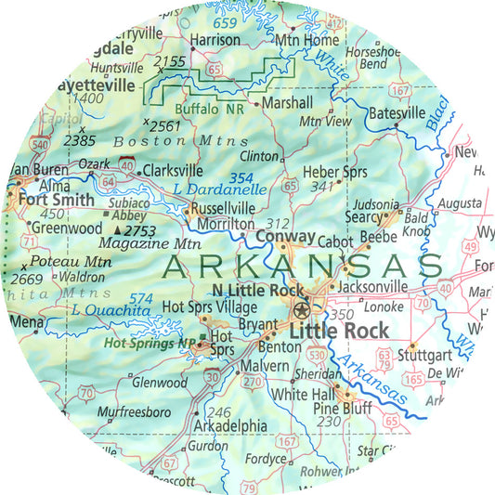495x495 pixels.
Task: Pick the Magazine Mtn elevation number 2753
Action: pos(146,228)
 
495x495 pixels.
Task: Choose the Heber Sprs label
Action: pos(331,174)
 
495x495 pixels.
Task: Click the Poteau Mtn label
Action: pos(72,263)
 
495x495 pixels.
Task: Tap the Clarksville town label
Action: pos(172,171)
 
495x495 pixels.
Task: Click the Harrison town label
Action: pos(215,41)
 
